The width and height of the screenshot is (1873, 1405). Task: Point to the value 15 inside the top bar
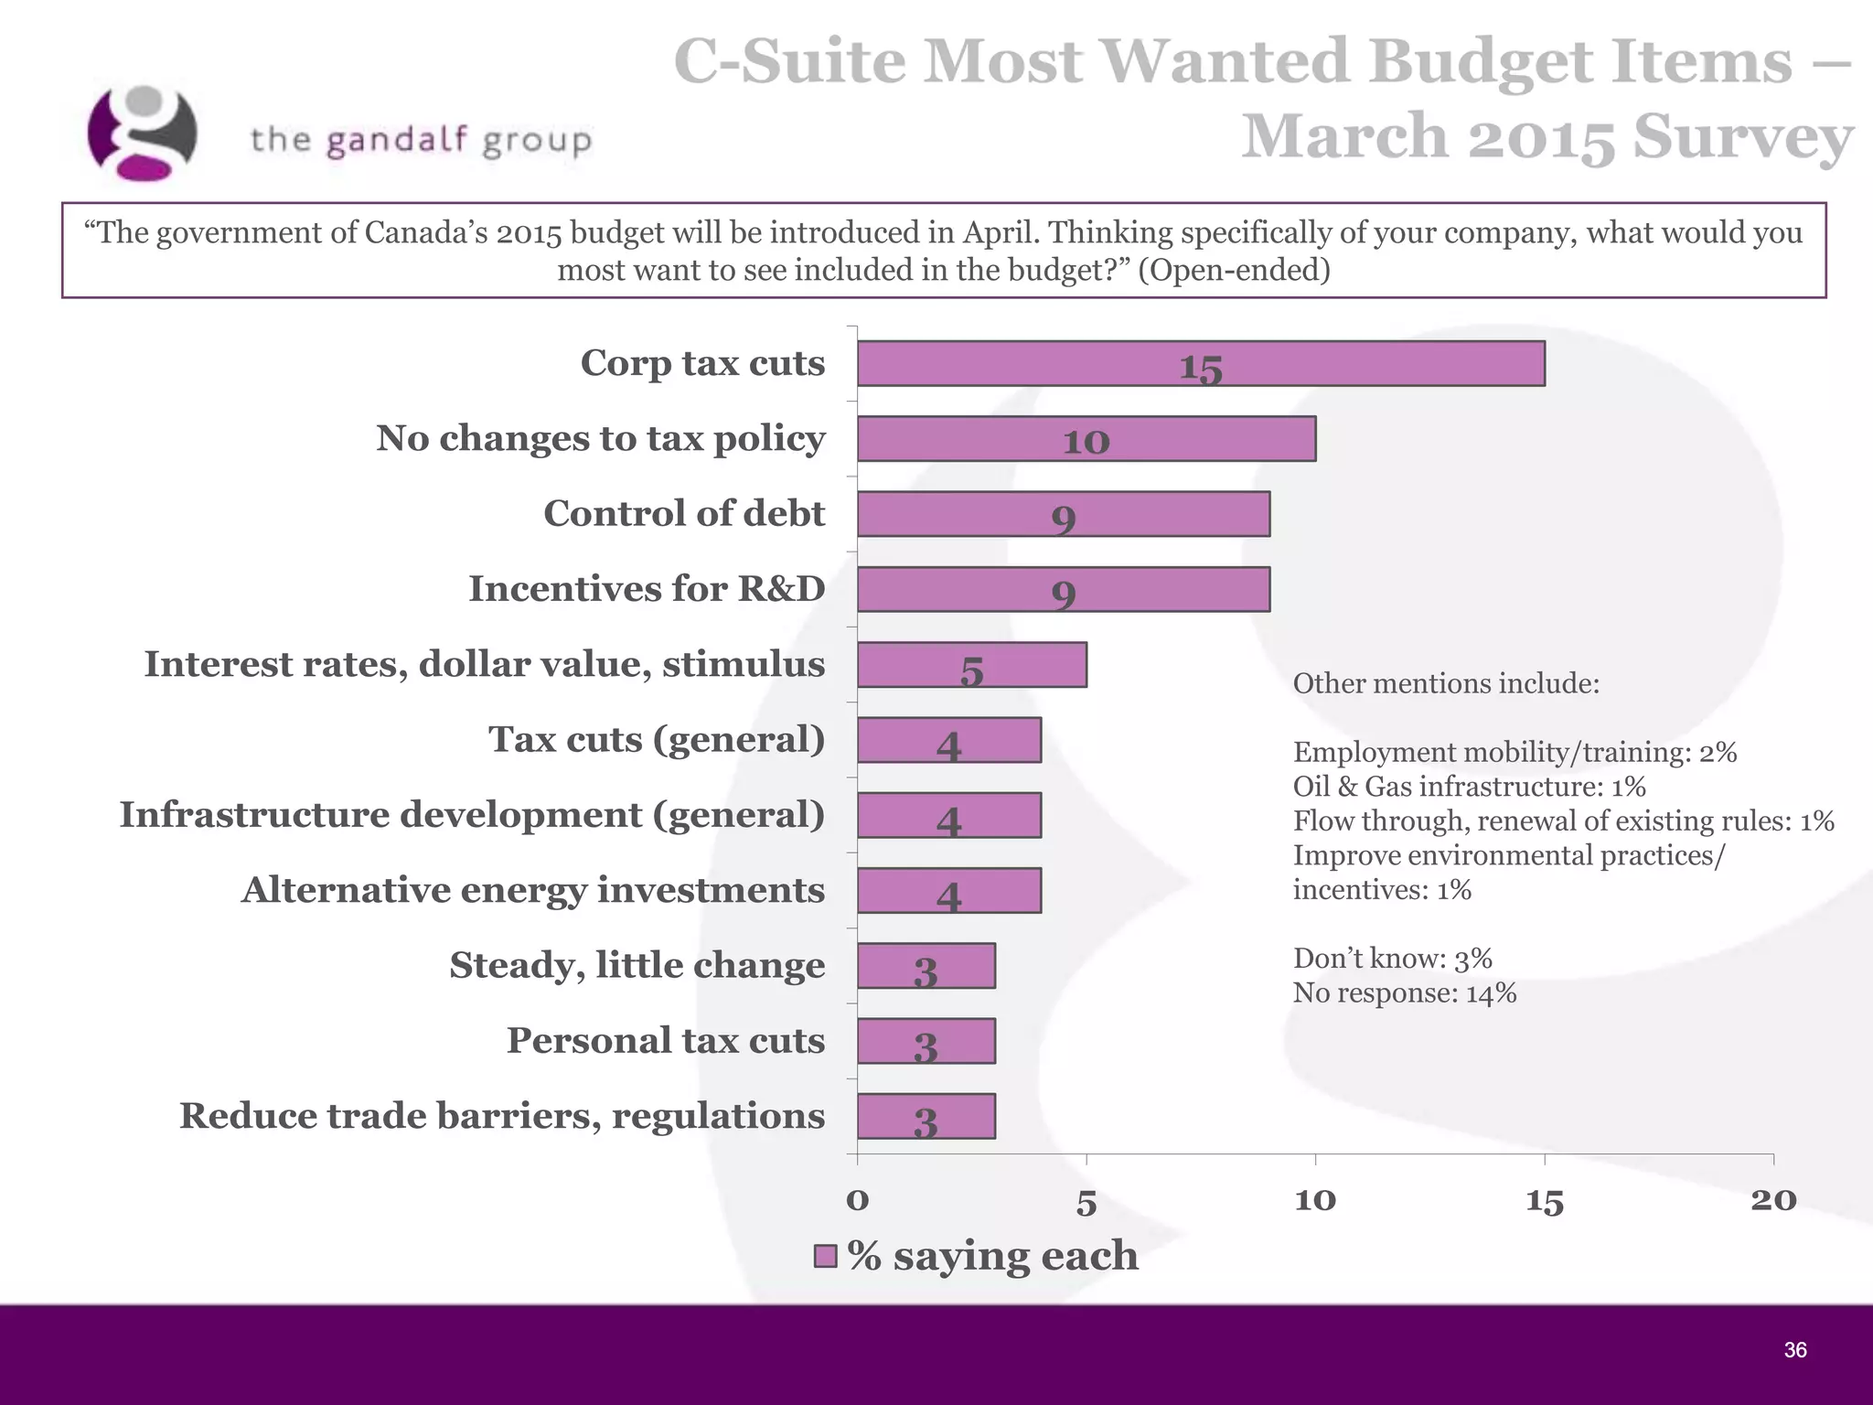1201,368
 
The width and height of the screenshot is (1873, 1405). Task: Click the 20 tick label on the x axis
1773,1199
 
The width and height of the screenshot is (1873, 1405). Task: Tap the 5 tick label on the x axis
1086,1201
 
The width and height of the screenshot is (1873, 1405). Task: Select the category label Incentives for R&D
647,589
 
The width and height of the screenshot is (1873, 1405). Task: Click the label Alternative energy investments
533,890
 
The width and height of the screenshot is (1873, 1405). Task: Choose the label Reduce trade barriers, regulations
502,1116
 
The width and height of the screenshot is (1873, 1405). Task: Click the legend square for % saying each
825,1256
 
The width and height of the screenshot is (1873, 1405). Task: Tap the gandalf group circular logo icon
142,134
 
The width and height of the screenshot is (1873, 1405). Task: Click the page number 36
1794,1350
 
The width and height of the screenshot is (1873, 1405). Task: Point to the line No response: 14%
1404,992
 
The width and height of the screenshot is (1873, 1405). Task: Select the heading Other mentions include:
1446,683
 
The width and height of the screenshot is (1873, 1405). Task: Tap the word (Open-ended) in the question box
1233,270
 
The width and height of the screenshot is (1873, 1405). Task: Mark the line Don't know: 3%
1392,958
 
